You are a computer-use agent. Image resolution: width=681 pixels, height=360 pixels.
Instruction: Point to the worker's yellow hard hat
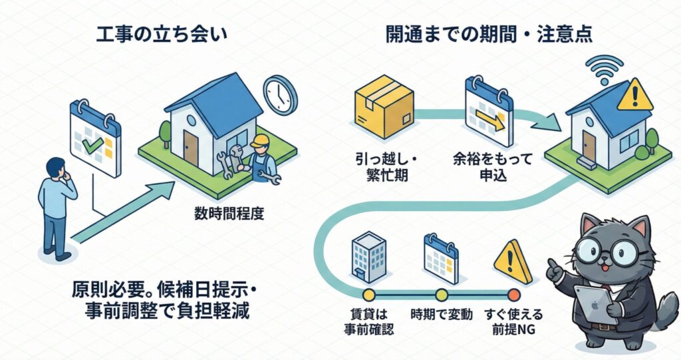(x=261, y=140)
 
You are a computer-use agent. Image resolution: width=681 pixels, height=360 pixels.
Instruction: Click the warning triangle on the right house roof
(x=634, y=96)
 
